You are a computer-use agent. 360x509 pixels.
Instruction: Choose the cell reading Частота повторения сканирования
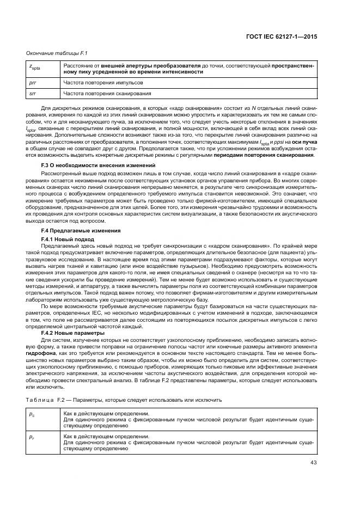[x=107, y=93]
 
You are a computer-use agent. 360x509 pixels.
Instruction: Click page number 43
[x=312, y=463]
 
